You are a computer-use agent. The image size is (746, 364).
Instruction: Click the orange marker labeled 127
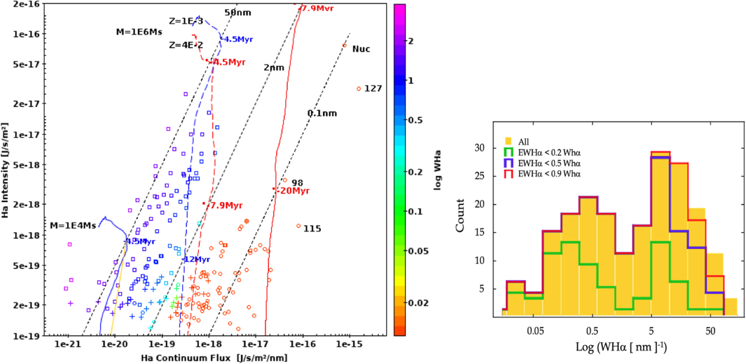[x=359, y=89]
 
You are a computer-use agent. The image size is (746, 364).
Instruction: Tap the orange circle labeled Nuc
[x=344, y=45]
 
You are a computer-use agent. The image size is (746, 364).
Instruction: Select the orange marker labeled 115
[x=298, y=226]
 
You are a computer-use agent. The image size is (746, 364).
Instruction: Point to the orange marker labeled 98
[x=285, y=180]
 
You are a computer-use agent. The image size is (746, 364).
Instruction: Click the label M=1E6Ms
[x=139, y=32]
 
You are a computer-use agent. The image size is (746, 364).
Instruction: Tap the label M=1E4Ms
[x=73, y=226]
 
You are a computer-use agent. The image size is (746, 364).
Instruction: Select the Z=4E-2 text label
[x=186, y=45]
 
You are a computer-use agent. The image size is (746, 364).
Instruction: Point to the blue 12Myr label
[x=197, y=259]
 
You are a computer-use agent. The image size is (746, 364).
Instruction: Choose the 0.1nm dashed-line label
[x=322, y=114]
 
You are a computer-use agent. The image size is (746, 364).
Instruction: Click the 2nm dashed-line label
[x=274, y=68]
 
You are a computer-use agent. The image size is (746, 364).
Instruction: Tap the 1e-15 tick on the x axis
[x=349, y=344]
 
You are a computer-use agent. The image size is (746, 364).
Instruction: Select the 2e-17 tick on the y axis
[x=26, y=104]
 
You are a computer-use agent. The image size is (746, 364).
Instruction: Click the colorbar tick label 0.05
[x=418, y=251]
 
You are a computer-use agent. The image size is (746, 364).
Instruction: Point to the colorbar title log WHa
[x=437, y=170]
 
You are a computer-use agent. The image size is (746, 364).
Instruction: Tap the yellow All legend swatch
[x=508, y=141]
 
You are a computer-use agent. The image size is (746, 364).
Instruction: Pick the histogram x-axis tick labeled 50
[x=710, y=331]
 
